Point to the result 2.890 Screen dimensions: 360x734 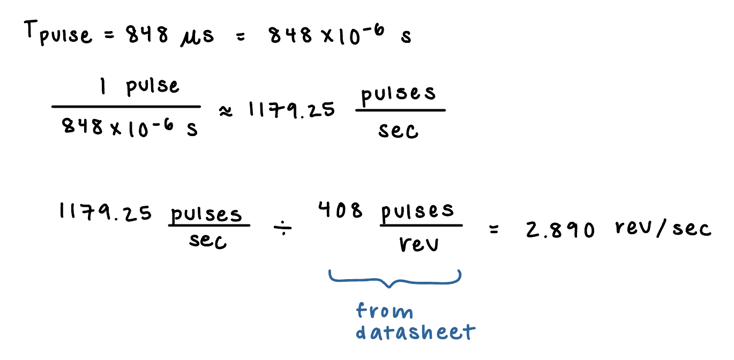tap(560, 230)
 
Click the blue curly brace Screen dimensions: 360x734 tap(394, 277)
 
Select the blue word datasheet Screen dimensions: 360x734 tap(415, 332)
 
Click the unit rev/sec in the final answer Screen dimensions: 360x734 tap(663, 229)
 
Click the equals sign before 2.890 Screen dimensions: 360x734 tap(493, 231)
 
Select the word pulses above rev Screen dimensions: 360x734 tap(417, 212)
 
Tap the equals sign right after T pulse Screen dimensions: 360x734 tap(110, 36)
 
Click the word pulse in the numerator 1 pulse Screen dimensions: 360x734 tap(153, 87)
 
